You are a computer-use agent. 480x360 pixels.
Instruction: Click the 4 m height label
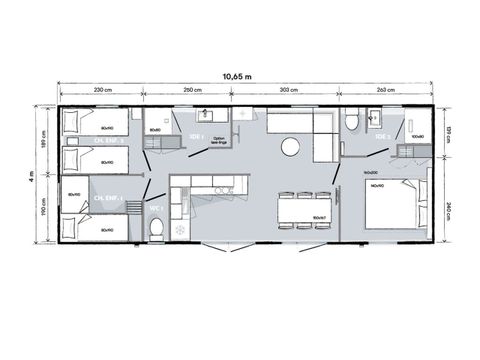(x=31, y=175)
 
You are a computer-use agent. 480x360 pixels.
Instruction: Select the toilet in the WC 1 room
(x=155, y=229)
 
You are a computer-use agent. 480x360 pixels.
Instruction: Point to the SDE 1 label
(x=196, y=136)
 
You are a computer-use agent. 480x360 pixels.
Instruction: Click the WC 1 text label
(x=155, y=207)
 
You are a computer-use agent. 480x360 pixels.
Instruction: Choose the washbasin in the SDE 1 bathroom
(x=210, y=116)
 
